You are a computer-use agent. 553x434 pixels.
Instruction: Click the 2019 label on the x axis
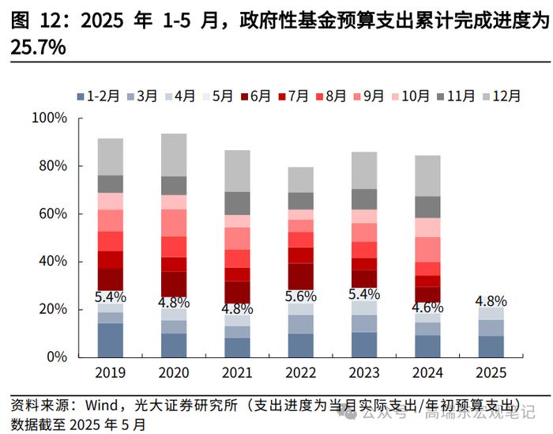click(x=110, y=372)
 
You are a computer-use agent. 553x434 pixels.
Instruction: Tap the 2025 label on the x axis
click(x=491, y=372)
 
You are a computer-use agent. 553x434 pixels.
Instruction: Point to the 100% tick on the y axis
click(x=49, y=119)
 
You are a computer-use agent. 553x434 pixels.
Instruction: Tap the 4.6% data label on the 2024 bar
click(x=427, y=308)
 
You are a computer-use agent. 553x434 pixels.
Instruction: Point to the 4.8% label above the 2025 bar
click(x=490, y=301)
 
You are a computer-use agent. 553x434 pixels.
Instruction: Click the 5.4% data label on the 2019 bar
click(x=110, y=297)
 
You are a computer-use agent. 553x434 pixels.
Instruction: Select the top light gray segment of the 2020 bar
click(x=174, y=155)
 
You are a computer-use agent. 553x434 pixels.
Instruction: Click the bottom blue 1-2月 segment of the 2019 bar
click(x=110, y=340)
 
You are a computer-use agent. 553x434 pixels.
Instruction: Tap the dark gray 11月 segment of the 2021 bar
click(x=237, y=203)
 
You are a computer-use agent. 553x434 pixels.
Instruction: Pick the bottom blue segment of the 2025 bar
click(x=490, y=346)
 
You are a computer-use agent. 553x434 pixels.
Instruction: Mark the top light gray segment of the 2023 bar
click(x=363, y=170)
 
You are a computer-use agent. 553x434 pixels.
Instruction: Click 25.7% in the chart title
click(x=38, y=49)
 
